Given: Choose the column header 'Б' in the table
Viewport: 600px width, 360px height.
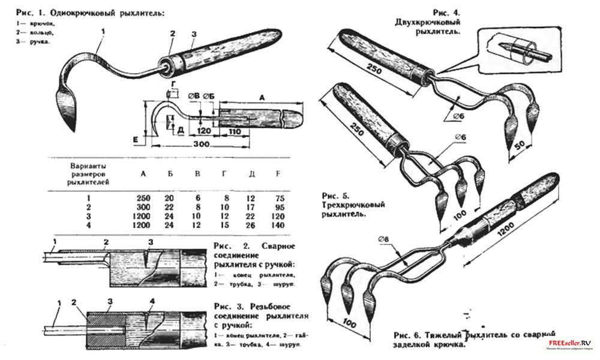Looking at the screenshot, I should tap(170, 175).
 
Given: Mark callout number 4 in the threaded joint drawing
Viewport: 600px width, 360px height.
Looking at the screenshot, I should tap(153, 301).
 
